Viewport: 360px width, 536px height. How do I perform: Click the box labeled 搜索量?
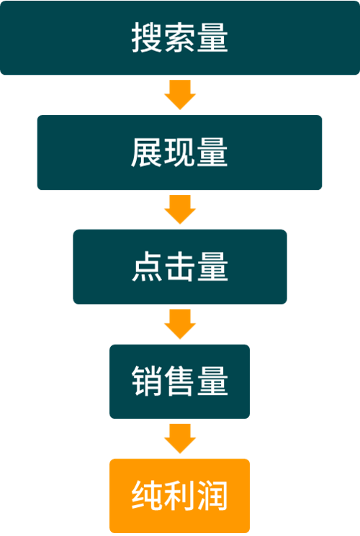[180, 37]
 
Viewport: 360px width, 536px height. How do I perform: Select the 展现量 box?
[180, 153]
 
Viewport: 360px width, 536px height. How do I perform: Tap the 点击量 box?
[180, 267]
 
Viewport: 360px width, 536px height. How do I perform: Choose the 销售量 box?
[180, 381]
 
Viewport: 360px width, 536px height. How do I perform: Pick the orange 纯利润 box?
[180, 496]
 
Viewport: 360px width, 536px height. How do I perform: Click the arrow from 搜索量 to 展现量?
[180, 95]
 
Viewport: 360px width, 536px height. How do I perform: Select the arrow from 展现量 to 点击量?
[180, 209]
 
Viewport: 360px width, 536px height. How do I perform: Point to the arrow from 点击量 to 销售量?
[180, 324]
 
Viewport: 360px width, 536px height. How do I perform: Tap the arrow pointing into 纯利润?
[180, 439]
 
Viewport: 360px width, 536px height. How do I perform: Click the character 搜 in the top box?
[147, 37]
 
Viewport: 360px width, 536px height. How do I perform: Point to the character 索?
[180, 37]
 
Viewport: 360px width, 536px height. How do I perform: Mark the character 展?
[147, 153]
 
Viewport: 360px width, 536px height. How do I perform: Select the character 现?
[180, 153]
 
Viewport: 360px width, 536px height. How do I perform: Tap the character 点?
[147, 267]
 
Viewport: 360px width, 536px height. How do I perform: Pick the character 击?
[180, 267]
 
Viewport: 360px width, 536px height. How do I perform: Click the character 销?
[147, 381]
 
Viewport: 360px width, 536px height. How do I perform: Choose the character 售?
[180, 381]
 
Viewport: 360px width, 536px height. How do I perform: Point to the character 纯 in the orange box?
[147, 496]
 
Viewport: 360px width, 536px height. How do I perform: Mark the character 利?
[180, 496]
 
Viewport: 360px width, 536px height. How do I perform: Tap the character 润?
[213, 496]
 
